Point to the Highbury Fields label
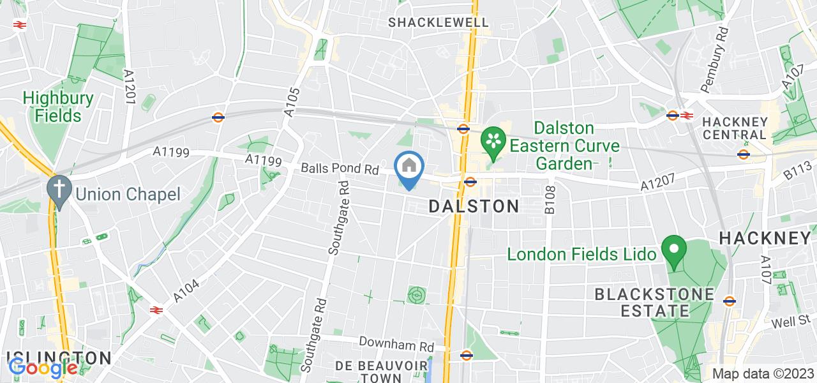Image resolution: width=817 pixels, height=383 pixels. (58, 107)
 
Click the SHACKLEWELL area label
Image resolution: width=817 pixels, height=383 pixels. (439, 22)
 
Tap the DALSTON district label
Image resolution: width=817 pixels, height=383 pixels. (474, 206)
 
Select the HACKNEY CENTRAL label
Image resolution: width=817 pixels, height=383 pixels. (734, 128)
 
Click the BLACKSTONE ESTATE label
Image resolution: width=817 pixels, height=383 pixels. (645, 303)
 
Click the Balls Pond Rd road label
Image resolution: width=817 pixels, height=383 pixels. (340, 170)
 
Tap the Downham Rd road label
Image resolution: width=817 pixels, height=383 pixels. (396, 344)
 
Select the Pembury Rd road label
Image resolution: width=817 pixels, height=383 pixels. (713, 59)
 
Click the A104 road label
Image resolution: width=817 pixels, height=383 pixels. (186, 291)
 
